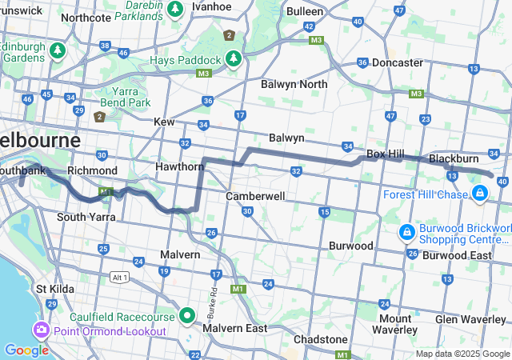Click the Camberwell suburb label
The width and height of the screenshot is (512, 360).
255,196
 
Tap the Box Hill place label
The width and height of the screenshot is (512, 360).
385,154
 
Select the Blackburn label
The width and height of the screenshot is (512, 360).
454,158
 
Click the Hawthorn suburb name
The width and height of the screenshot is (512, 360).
180,166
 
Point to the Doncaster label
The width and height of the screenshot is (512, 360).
398,62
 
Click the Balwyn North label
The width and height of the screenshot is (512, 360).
294,84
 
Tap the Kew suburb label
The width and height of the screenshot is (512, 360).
164,122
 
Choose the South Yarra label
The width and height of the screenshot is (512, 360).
80,217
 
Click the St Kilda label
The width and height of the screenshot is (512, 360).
53,288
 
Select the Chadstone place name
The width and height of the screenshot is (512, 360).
320,339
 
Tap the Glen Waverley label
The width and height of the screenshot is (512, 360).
470,319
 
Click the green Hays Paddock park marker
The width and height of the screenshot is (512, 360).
233,59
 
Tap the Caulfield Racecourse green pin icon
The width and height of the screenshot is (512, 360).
187,315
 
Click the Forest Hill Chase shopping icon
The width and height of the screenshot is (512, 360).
480,193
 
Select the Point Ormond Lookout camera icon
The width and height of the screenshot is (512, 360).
40,330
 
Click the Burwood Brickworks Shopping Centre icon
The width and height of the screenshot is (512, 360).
407,232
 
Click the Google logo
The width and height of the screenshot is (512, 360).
26,350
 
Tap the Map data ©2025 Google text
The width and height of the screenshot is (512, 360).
462,354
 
